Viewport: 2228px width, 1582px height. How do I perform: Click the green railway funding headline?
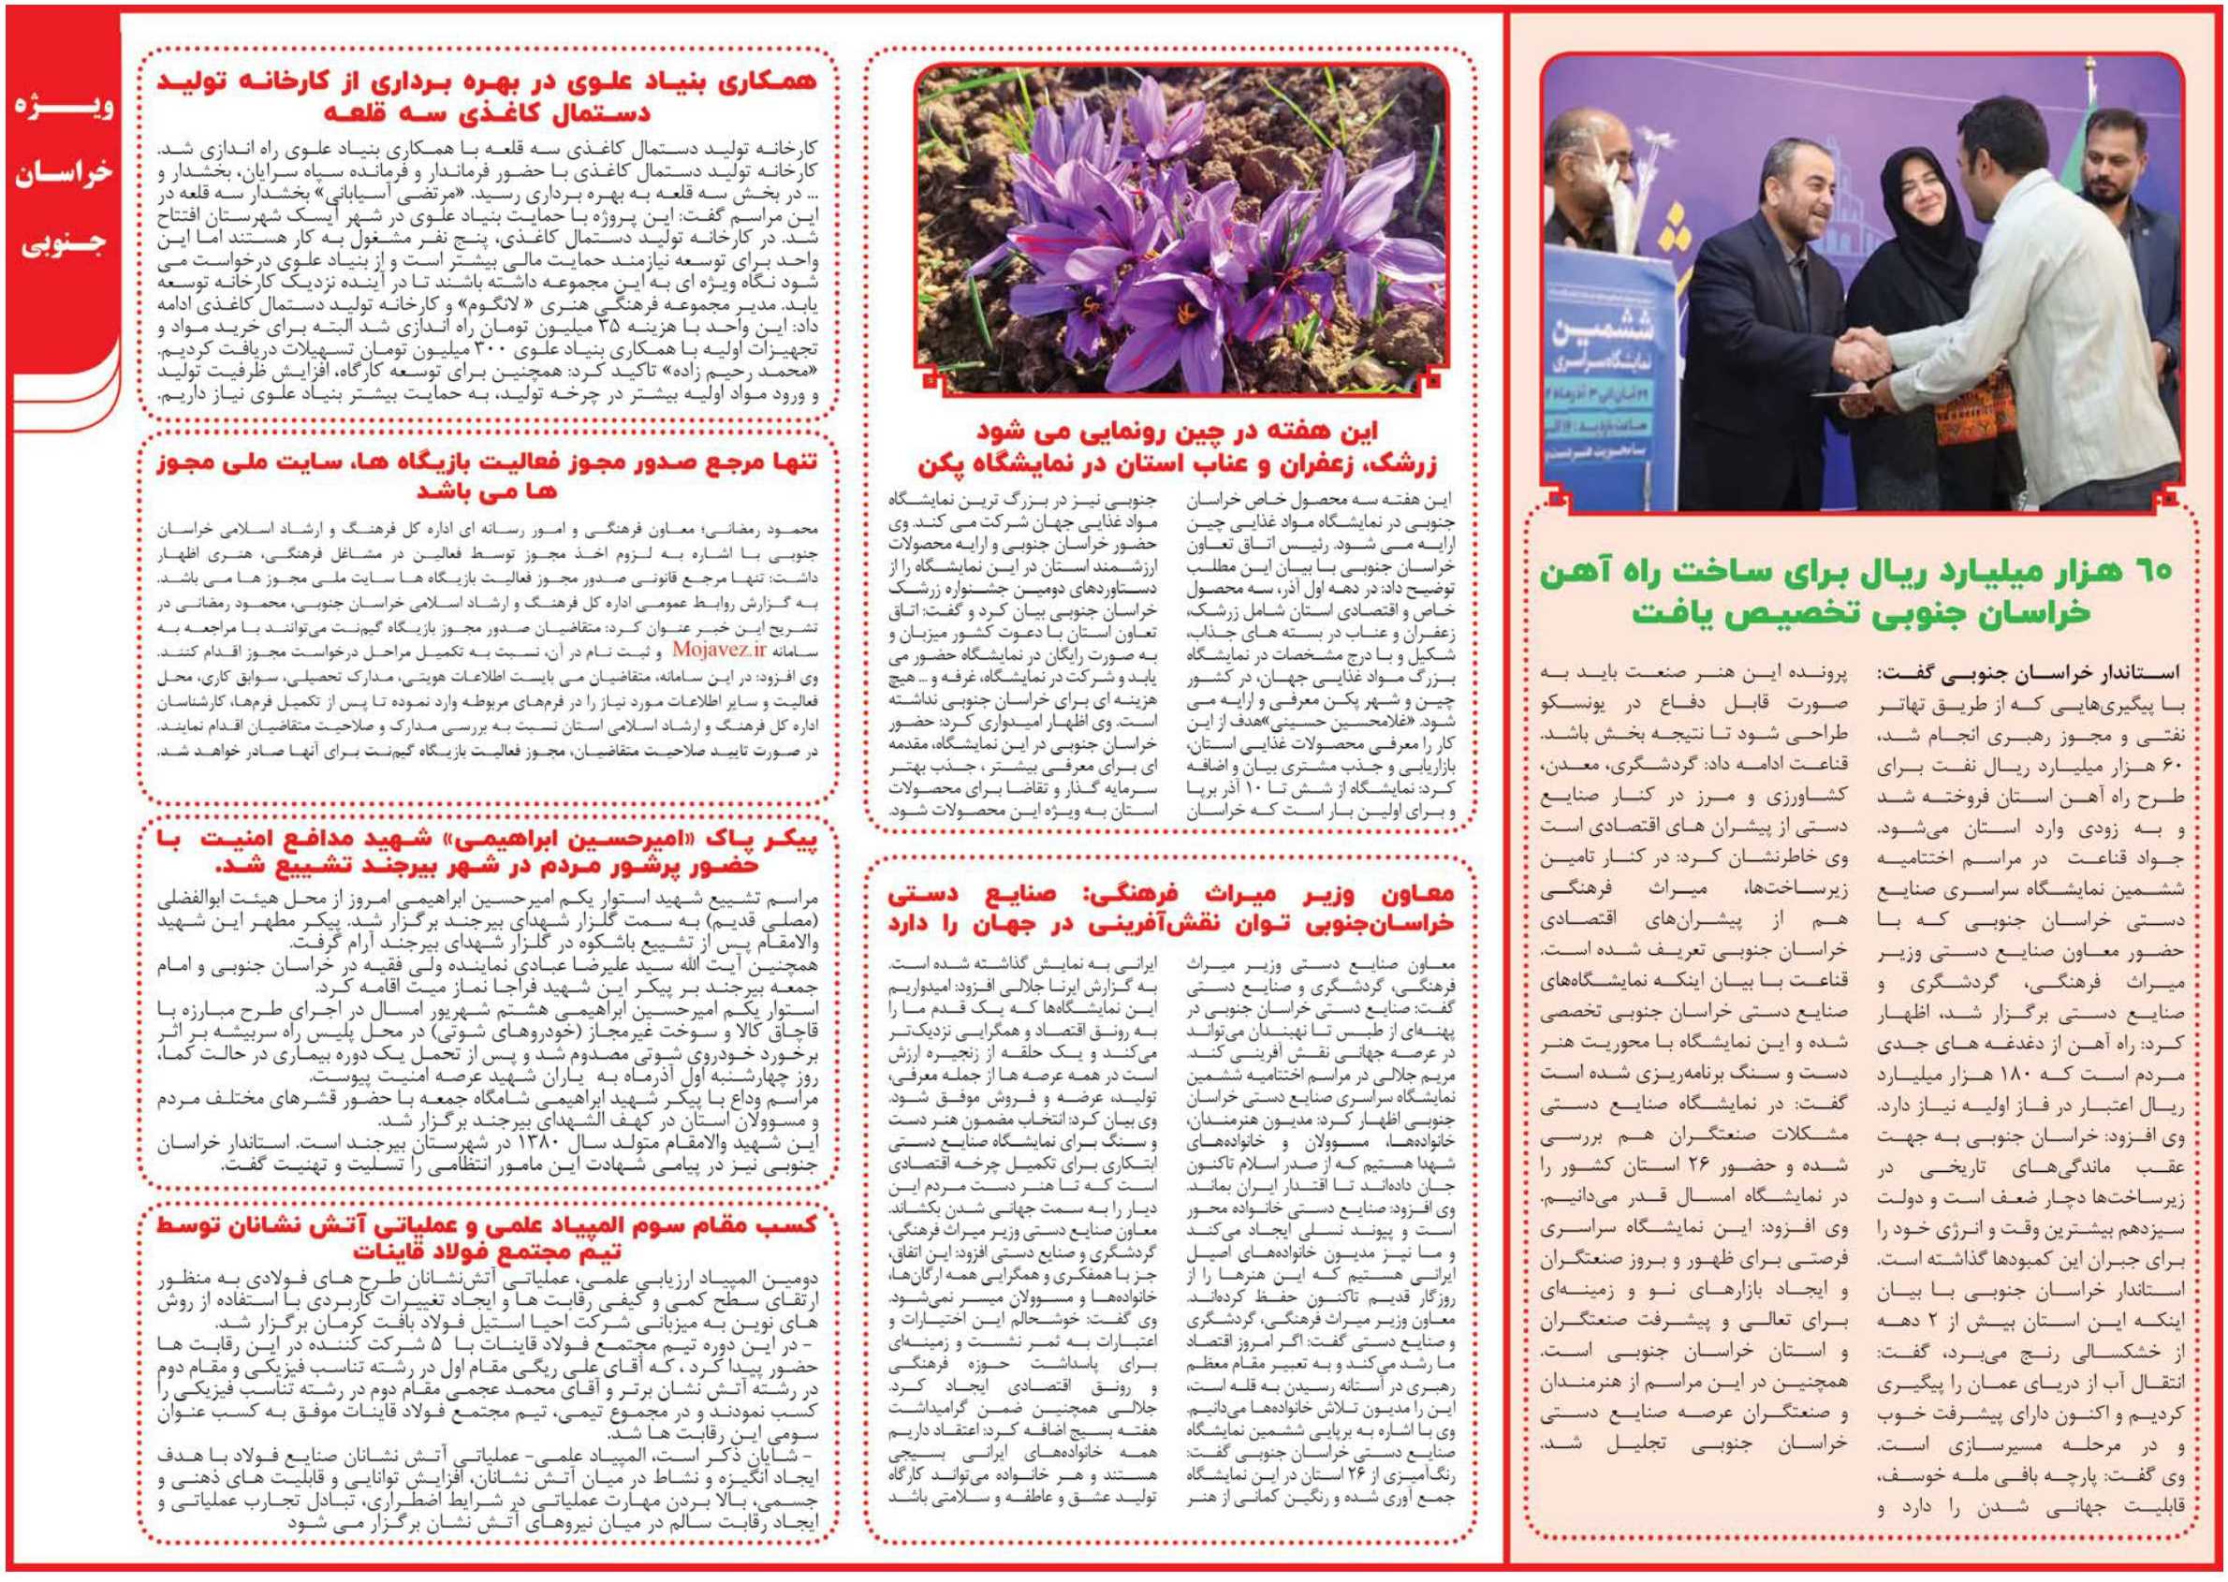click(1862, 593)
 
